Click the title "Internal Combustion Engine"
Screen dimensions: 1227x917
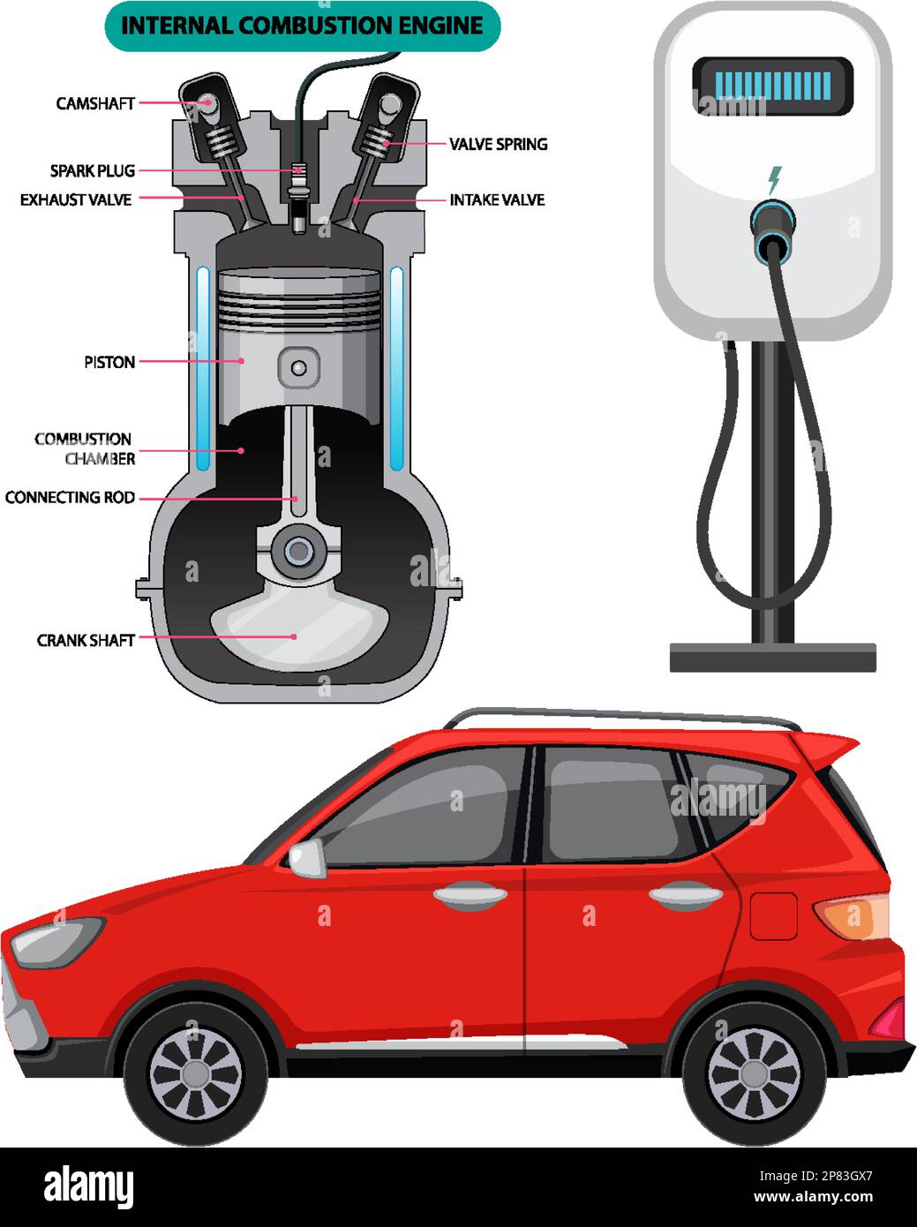click(302, 26)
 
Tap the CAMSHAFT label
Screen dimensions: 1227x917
click(95, 103)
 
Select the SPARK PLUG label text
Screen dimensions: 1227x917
click(93, 170)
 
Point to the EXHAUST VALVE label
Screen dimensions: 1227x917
click(76, 200)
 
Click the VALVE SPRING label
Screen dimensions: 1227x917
click(498, 144)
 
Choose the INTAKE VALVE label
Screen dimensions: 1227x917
click(497, 200)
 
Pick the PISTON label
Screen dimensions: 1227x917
click(109, 362)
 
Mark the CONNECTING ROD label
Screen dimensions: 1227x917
click(70, 498)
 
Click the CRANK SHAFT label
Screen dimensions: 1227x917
click(86, 640)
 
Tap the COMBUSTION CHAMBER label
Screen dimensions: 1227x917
click(85, 448)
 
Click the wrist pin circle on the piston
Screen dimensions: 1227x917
click(298, 367)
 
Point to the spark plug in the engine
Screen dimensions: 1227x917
click(299, 194)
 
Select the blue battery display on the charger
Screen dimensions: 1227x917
click(772, 86)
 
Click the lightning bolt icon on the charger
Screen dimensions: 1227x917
click(774, 179)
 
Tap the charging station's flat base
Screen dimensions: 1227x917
click(772, 658)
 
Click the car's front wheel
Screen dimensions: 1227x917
click(195, 1073)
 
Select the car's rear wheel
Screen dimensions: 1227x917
click(754, 1073)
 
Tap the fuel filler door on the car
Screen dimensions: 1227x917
click(773, 916)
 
